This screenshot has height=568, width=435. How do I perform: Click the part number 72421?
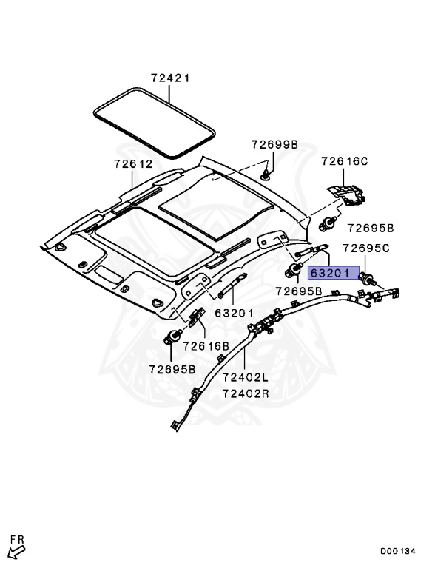[x=171, y=78]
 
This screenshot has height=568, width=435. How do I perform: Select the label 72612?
[x=133, y=164]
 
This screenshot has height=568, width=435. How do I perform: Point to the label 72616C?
[x=344, y=161]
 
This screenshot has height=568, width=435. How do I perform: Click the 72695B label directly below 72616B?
[x=172, y=369]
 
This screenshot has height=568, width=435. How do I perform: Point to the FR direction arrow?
[x=16, y=550]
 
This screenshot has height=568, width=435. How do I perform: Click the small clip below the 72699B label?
[x=266, y=175]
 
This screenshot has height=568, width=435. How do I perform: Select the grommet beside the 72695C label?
[x=365, y=278]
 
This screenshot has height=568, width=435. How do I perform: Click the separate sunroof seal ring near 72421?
[x=155, y=122]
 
